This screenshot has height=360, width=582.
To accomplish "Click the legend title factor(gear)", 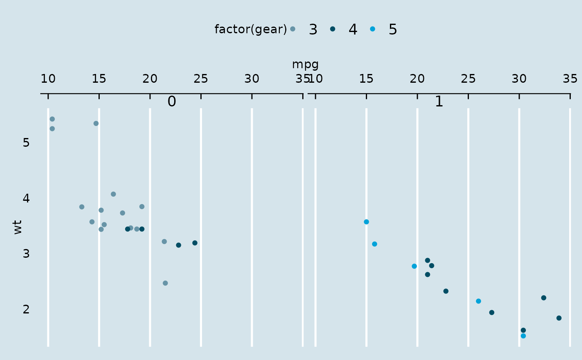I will pos(251,30).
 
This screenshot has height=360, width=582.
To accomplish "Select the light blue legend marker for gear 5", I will pos(372,29).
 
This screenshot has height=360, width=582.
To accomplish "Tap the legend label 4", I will pos(353,30).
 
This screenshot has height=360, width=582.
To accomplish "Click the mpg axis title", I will pos(305,64).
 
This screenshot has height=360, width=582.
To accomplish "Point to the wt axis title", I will pos(17,227).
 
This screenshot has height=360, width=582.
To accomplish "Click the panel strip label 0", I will pos(172,101).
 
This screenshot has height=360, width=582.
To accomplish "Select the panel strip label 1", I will pos(439,101).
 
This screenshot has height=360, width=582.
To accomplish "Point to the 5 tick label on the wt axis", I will pos(26,143).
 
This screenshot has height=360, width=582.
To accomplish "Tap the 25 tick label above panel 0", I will pos(201,79).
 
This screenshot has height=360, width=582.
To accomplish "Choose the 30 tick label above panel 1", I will pos(519,79).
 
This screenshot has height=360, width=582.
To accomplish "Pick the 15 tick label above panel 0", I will pos(99,79).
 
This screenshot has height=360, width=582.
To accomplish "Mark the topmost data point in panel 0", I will pos(52,119).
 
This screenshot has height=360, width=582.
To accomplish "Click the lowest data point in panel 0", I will pos(165,283).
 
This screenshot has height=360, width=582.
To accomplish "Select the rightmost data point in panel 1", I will pos(559,318).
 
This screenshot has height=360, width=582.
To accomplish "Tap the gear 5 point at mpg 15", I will pos(366,222).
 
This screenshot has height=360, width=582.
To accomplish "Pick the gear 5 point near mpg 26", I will pos(478,301).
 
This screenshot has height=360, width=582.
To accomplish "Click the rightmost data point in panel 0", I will pos(195,243).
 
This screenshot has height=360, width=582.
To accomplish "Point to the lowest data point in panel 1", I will pos(523,336).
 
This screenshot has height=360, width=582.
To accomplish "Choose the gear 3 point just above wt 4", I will pos(113,194).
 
